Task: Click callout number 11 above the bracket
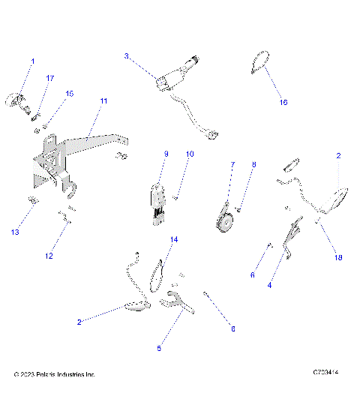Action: (103, 100)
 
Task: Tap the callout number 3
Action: (127, 56)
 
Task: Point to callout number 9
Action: (166, 154)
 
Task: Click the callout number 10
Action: (190, 154)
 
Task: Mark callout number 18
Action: (338, 257)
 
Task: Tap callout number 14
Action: (174, 239)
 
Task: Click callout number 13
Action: (15, 232)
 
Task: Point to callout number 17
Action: (50, 78)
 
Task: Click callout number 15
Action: (70, 94)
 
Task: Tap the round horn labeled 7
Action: (223, 222)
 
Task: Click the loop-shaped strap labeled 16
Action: (260, 61)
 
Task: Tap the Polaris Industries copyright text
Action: (55, 373)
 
